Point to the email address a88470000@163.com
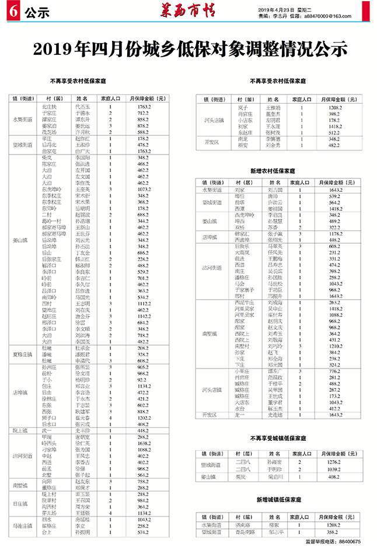pos(334,17)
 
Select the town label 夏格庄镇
pos(22,354)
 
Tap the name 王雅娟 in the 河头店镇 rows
pos(273,108)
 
